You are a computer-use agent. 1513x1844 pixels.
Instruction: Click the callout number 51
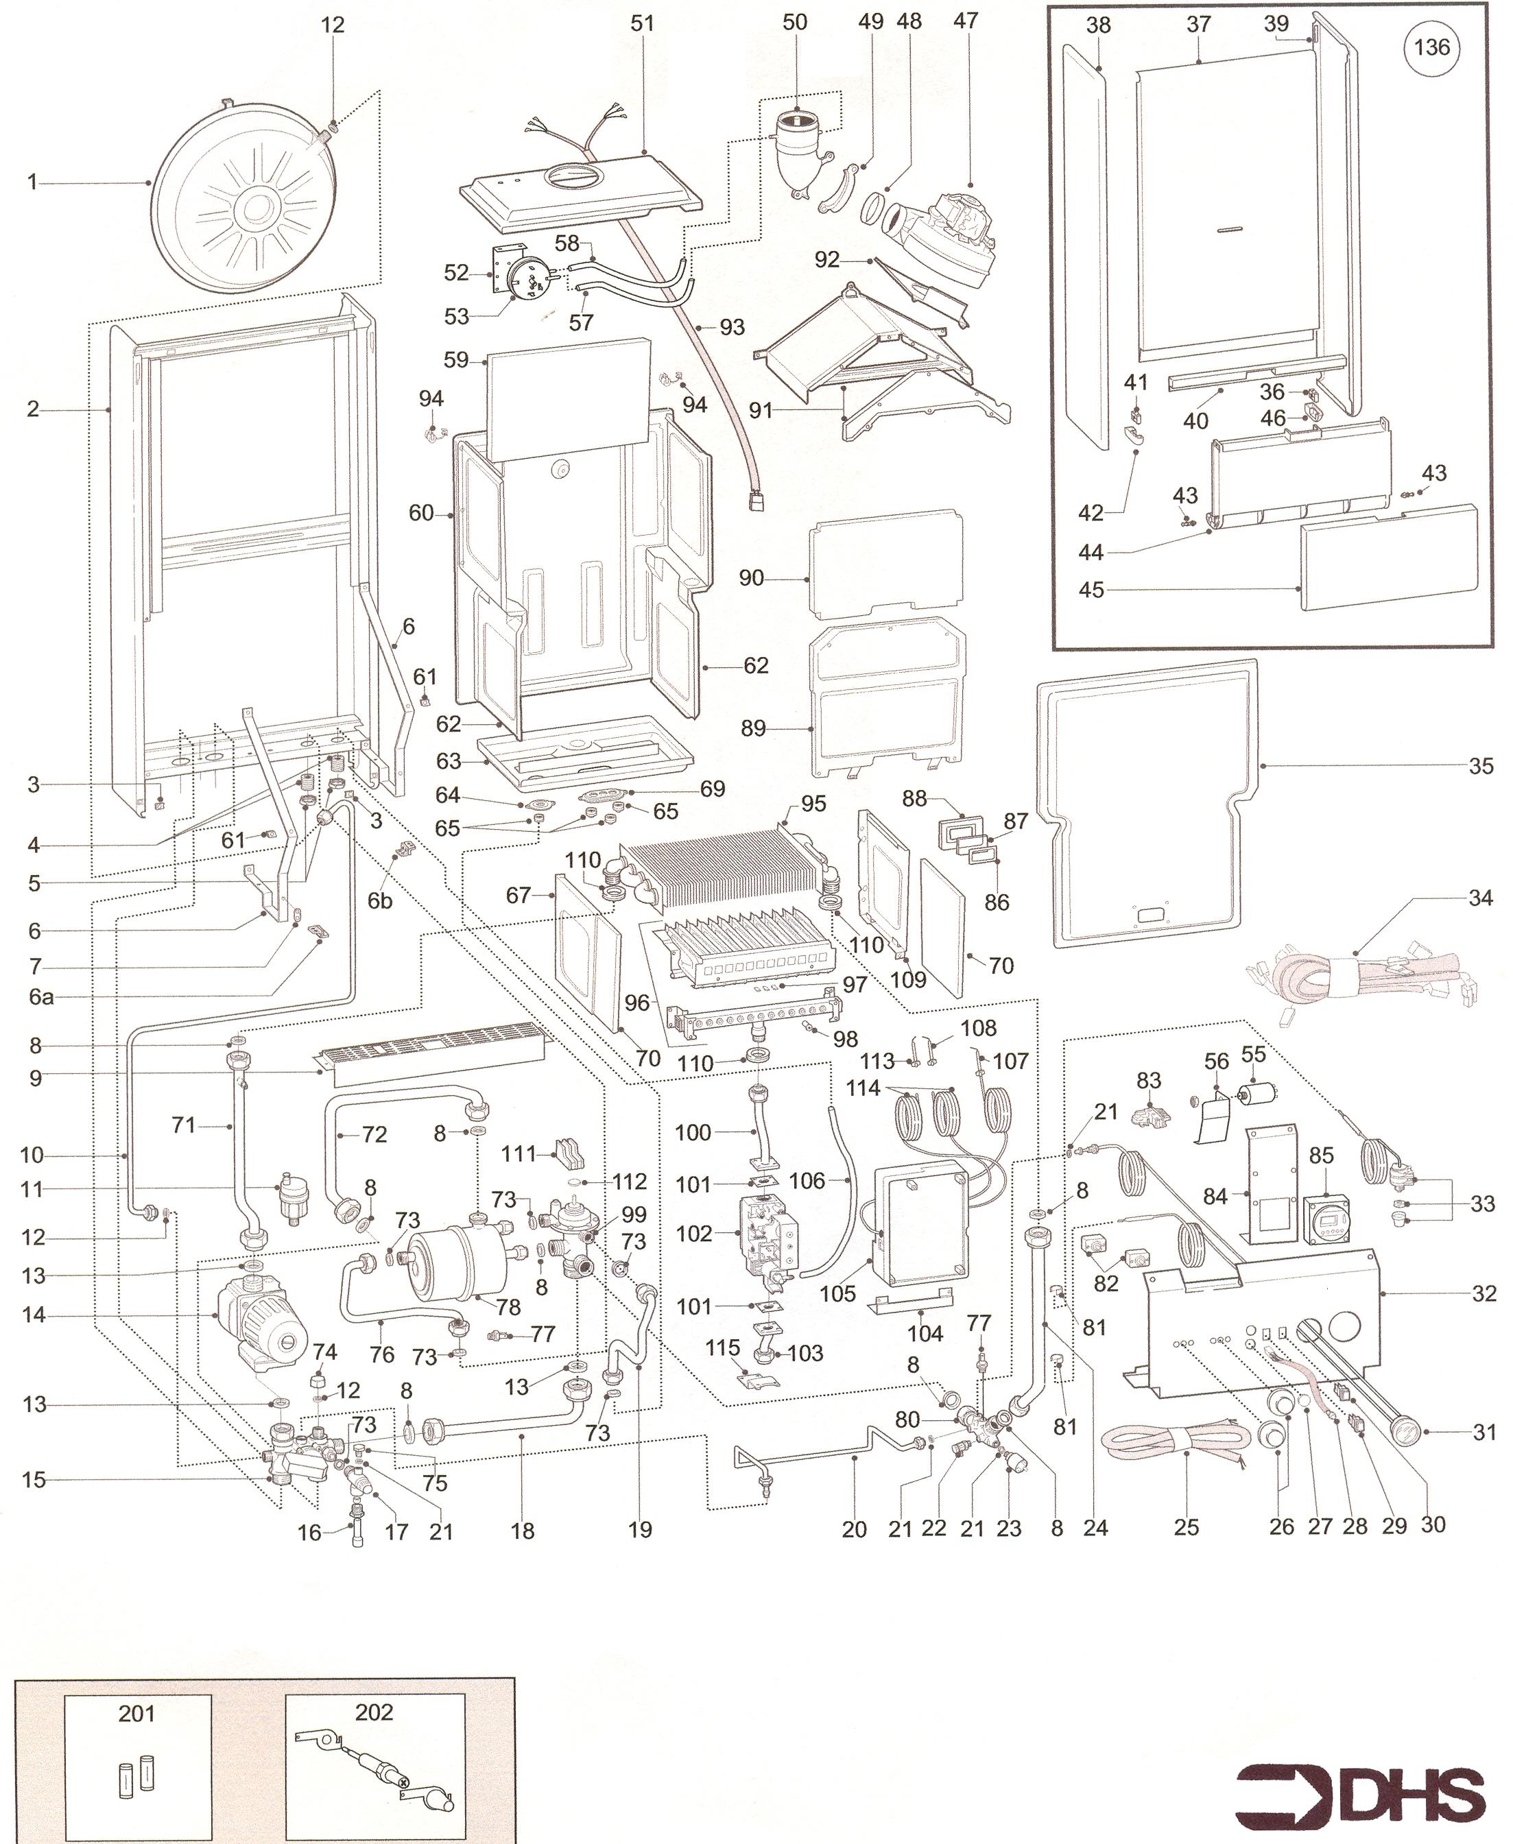click(x=643, y=23)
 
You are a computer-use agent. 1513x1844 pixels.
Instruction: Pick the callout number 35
click(x=1481, y=766)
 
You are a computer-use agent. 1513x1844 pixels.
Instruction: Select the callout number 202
click(x=374, y=1712)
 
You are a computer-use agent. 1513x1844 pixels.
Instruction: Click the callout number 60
click(x=421, y=513)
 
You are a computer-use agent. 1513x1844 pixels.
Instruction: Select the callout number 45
click(x=1091, y=590)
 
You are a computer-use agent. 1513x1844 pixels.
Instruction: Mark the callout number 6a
click(x=41, y=996)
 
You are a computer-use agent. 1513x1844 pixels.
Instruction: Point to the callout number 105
click(x=837, y=1293)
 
